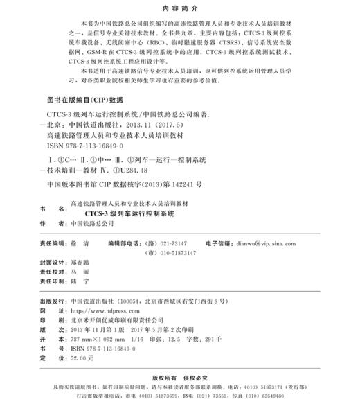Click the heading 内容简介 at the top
[180, 9]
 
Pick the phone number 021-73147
[172, 244]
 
